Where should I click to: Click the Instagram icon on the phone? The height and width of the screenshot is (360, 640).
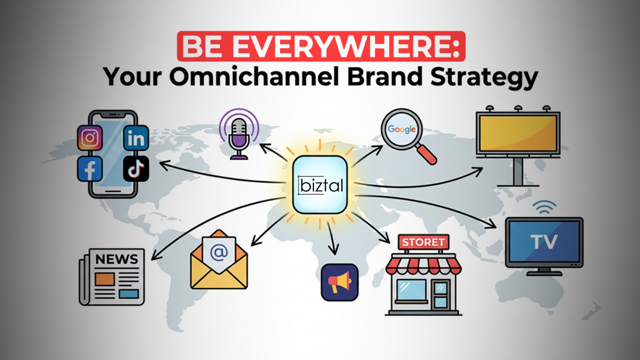pos(90,138)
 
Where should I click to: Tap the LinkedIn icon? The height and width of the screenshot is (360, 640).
pos(136,138)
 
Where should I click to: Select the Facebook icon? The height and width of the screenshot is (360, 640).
pos(90,169)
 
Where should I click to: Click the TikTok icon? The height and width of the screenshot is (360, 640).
pos(136,169)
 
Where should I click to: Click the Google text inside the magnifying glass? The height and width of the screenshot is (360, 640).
pos(402,129)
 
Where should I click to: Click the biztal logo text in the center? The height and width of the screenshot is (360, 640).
pos(321,185)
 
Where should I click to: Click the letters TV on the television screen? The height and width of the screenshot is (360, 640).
pos(544,242)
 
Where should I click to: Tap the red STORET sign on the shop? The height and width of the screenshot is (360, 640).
pos(423,242)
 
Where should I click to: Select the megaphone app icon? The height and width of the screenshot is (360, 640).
pos(340,282)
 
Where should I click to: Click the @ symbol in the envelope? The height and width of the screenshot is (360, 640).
pos(219,252)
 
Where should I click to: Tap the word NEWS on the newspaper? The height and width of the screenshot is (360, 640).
pos(116,259)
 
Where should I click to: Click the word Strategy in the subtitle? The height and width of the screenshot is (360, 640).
pos(484,77)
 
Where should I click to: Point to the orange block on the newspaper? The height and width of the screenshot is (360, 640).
pos(105,279)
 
